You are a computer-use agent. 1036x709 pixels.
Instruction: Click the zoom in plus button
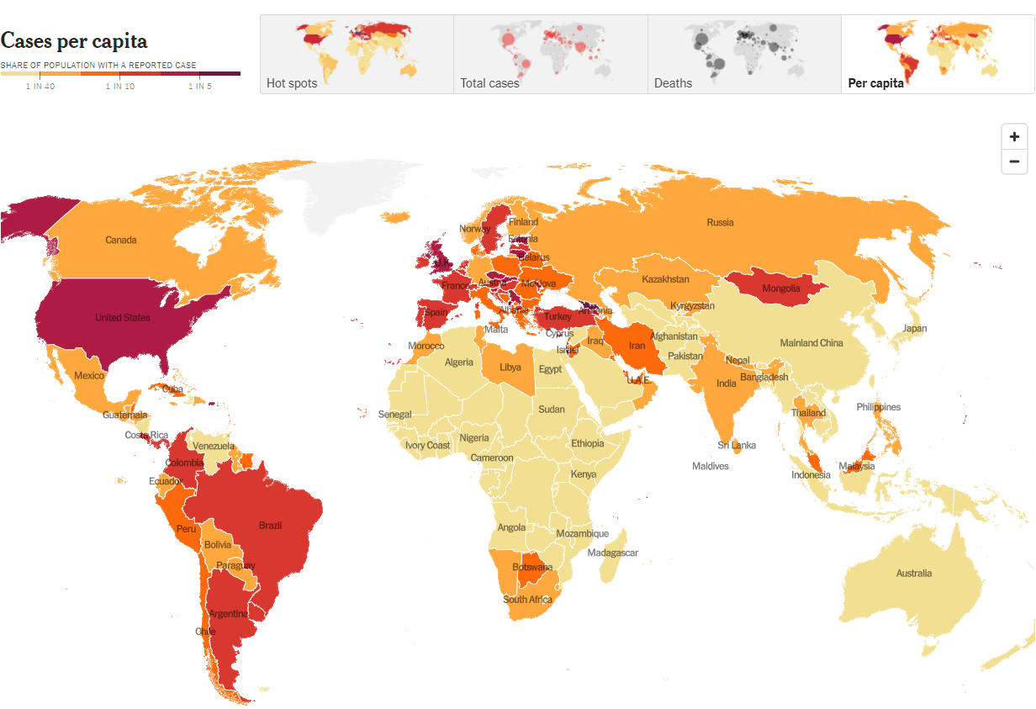click(x=1014, y=137)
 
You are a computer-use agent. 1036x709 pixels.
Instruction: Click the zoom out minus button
click(x=1014, y=161)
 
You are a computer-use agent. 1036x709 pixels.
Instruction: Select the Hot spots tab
click(x=357, y=54)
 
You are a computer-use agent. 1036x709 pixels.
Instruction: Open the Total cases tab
click(x=550, y=54)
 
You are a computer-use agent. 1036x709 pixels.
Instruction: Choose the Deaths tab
click(x=743, y=54)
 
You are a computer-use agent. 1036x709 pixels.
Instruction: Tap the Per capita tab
click(x=937, y=54)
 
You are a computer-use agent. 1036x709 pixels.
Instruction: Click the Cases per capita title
click(x=74, y=41)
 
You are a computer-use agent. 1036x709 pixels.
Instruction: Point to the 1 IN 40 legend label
click(x=40, y=86)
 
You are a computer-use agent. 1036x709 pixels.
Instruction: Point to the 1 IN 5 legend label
click(x=200, y=86)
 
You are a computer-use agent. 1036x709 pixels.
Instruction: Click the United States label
click(x=123, y=318)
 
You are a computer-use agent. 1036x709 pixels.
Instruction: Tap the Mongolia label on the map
click(x=780, y=289)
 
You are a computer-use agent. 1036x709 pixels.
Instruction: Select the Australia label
click(x=913, y=574)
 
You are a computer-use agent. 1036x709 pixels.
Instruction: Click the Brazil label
click(x=270, y=526)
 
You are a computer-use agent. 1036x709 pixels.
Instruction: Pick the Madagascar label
click(x=612, y=553)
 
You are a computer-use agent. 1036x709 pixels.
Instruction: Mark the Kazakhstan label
click(x=665, y=279)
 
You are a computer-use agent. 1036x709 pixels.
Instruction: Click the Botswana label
click(x=531, y=567)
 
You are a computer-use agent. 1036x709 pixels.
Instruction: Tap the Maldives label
click(x=710, y=466)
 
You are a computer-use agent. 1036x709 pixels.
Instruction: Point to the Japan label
click(x=914, y=329)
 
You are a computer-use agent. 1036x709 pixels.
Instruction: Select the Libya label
click(x=510, y=368)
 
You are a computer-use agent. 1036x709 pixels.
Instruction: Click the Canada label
click(x=121, y=241)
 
